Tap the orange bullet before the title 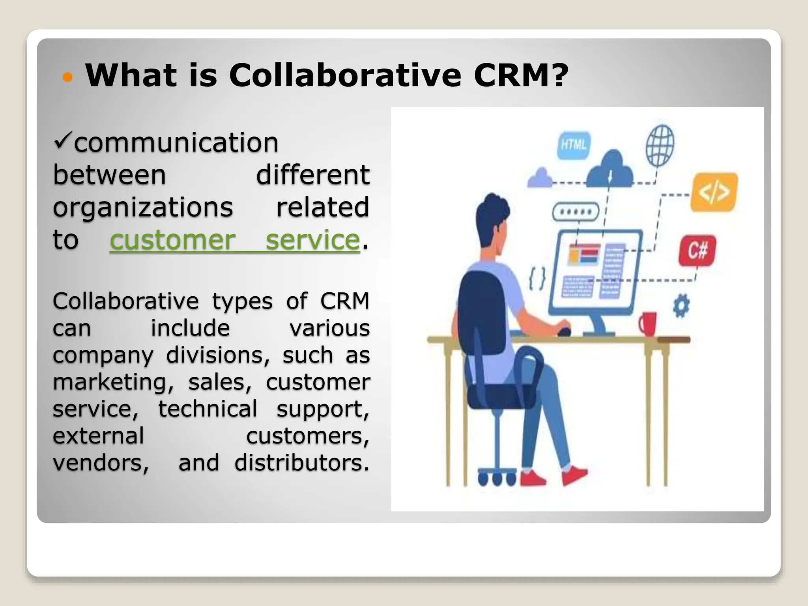(x=68, y=77)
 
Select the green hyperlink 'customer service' (x=235, y=240)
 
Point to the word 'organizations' (x=143, y=208)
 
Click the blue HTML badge (x=574, y=145)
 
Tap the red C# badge (x=697, y=250)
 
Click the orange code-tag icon (x=714, y=192)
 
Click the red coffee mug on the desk (x=648, y=324)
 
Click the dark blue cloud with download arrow (x=609, y=170)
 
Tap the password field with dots (x=576, y=212)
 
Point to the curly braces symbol (x=537, y=279)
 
